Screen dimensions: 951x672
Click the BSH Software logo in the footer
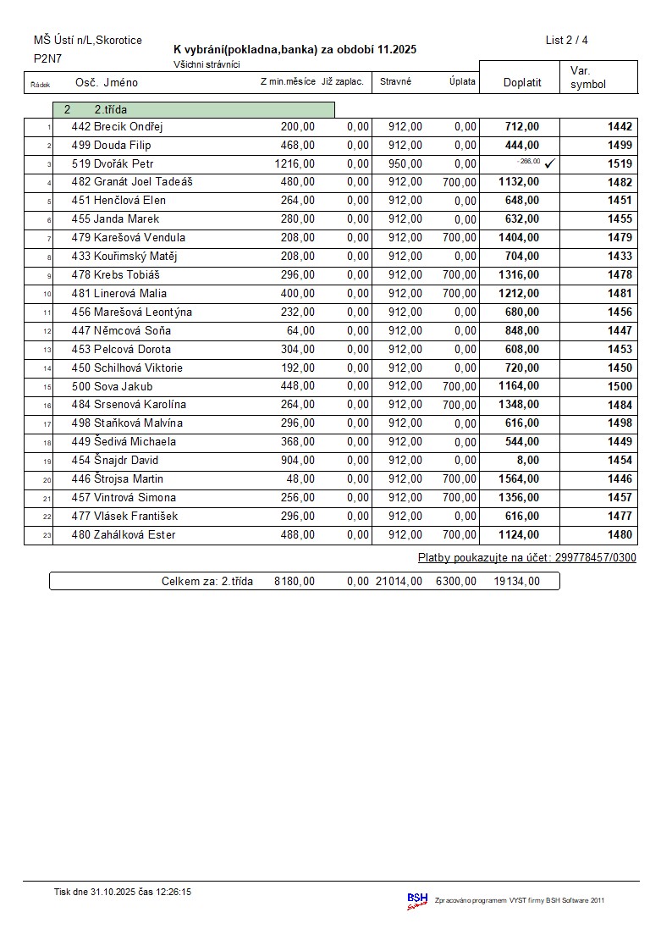(x=417, y=900)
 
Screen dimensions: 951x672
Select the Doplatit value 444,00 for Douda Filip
(x=521, y=145)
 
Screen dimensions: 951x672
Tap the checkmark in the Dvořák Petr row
(x=550, y=163)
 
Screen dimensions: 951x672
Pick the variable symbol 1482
(x=620, y=182)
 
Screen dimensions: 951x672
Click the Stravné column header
(x=395, y=81)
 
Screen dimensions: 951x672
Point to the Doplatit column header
(x=522, y=82)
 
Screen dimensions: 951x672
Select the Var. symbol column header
(x=588, y=78)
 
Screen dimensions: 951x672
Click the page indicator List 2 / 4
(x=566, y=40)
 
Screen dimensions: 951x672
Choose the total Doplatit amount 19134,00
(x=516, y=581)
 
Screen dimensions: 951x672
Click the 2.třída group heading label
(x=110, y=109)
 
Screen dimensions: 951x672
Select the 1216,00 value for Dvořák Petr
(x=295, y=163)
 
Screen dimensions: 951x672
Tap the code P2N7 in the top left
(x=47, y=58)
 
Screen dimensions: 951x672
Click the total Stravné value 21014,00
(x=399, y=581)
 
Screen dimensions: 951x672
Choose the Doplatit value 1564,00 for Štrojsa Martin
(x=519, y=478)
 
